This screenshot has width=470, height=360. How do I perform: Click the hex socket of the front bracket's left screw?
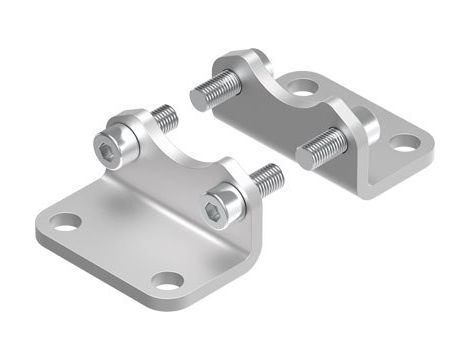click(108, 150)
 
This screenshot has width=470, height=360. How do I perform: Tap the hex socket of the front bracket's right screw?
click(217, 211)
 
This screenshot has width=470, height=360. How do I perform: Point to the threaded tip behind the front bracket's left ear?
click(167, 119)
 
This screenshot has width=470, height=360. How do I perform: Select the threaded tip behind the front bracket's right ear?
click(268, 179)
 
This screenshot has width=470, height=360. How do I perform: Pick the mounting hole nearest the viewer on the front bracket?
click(168, 280)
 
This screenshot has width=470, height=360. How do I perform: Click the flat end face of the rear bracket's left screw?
click(195, 97)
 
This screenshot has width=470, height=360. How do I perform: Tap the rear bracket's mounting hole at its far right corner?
click(405, 143)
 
